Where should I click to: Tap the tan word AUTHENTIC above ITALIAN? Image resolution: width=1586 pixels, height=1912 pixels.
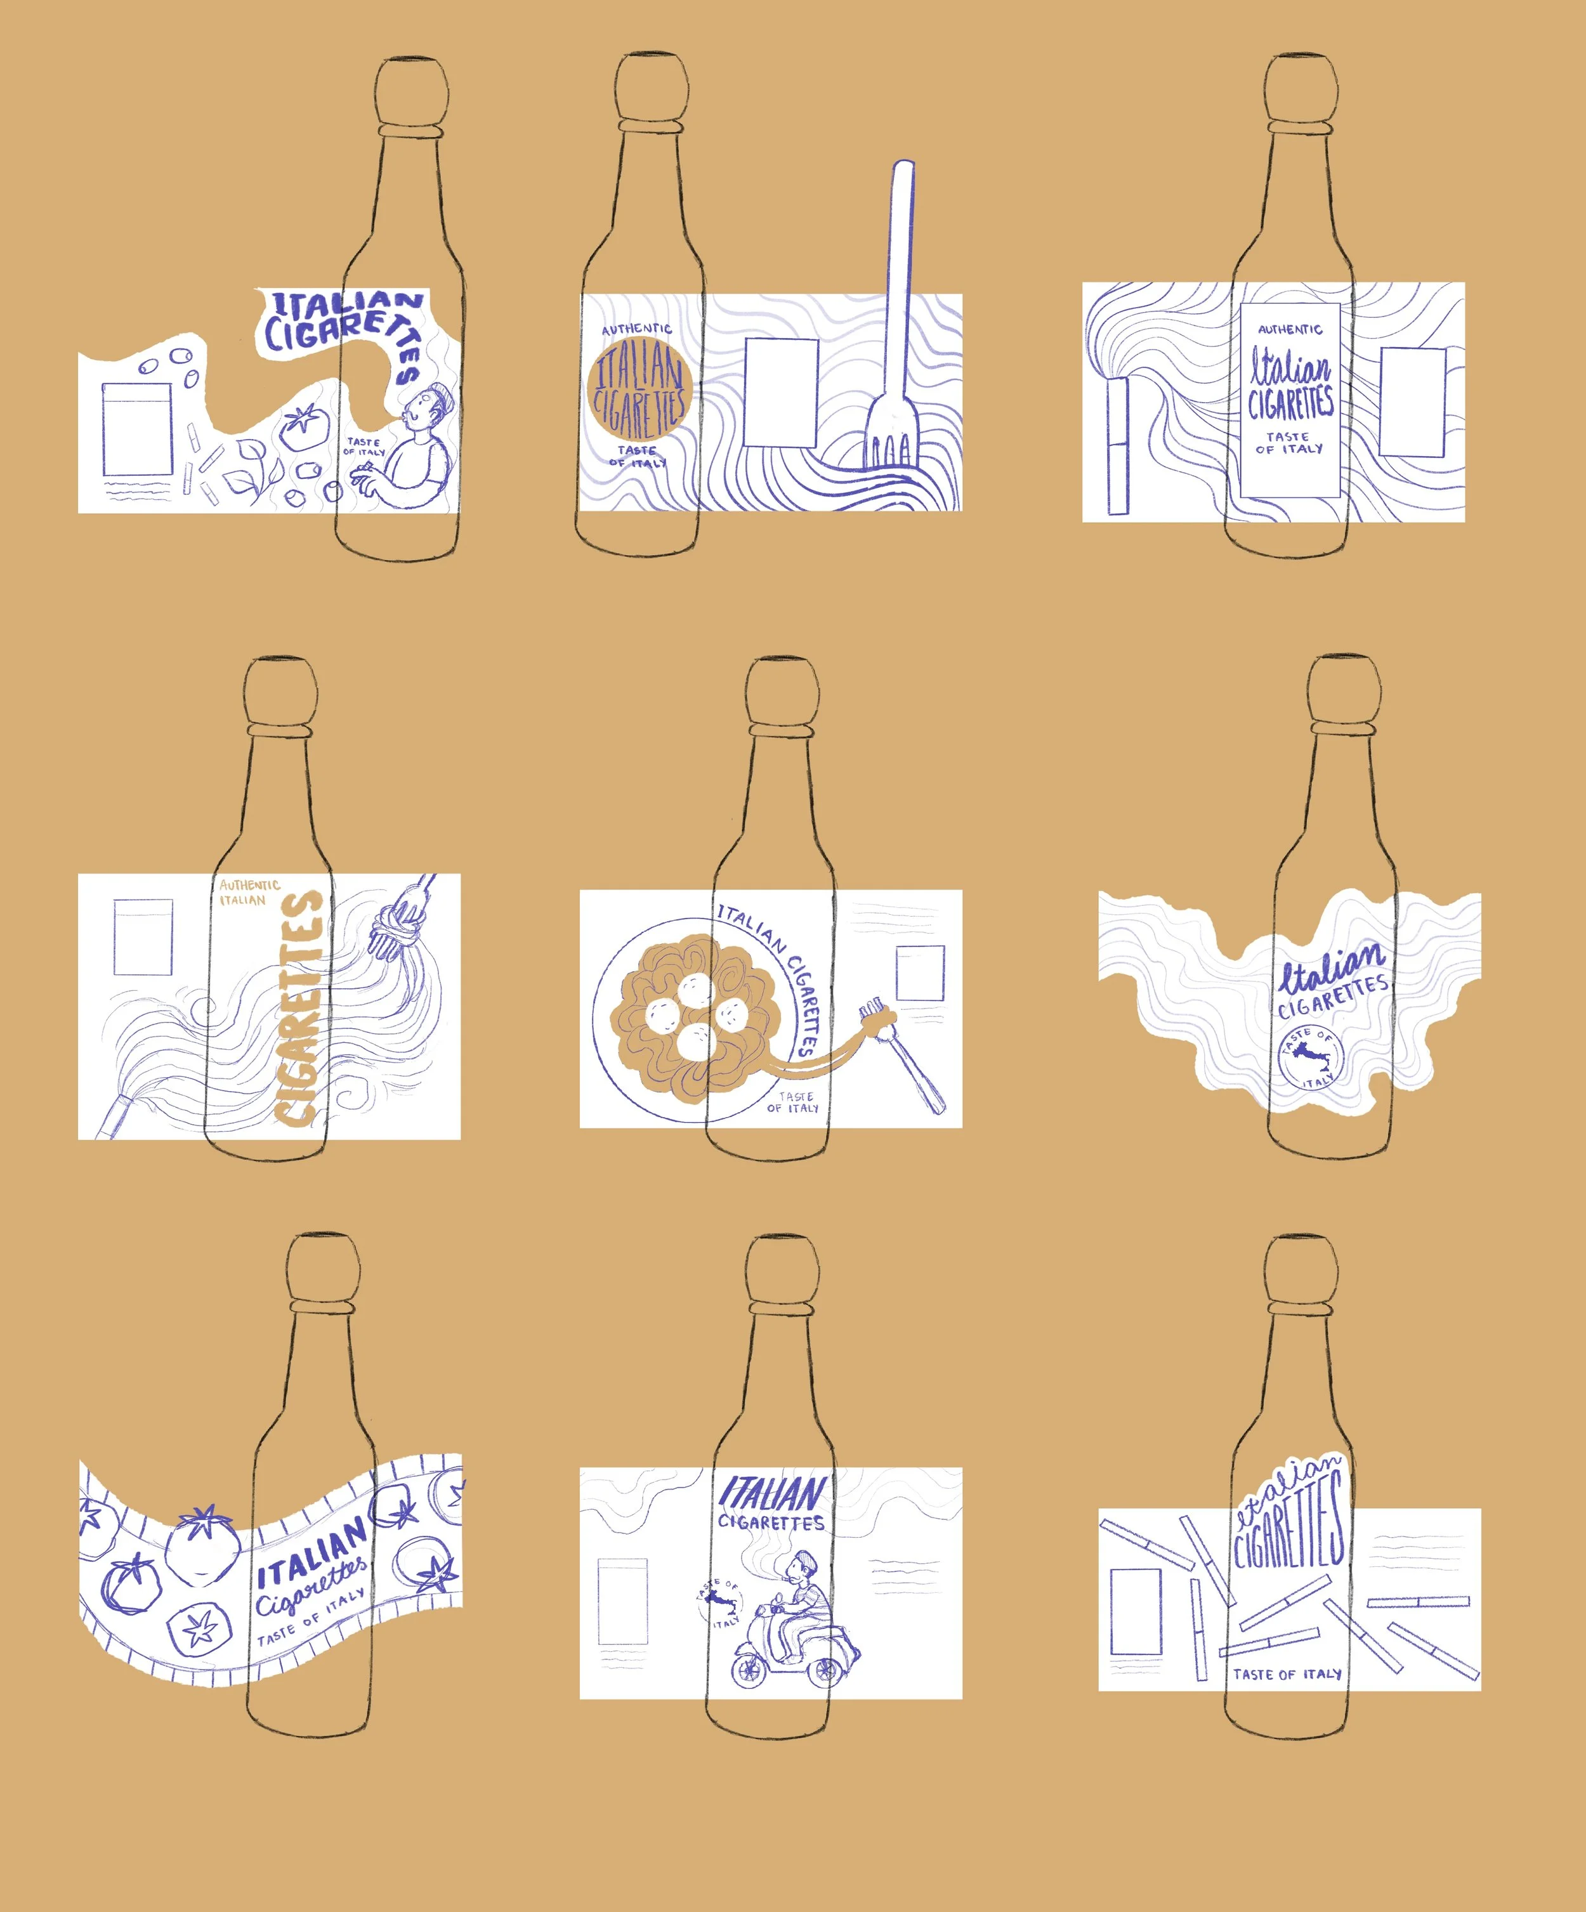(249, 884)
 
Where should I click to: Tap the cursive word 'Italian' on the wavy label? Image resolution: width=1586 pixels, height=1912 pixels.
(1331, 967)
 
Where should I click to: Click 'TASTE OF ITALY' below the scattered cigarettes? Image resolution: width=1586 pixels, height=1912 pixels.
(1287, 1673)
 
